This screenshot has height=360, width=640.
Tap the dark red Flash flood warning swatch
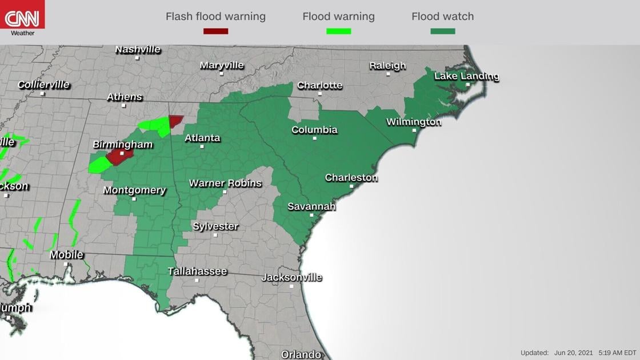pyautogui.click(x=215, y=31)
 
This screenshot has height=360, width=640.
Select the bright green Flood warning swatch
pyautogui.click(x=338, y=31)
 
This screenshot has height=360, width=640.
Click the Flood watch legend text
pyautogui.click(x=442, y=17)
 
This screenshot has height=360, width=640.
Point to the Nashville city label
pyautogui.click(x=138, y=50)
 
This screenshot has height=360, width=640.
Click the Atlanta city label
pyautogui.click(x=202, y=138)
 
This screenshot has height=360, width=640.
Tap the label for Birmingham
pyautogui.click(x=123, y=145)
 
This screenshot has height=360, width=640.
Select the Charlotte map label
pyautogui.click(x=319, y=86)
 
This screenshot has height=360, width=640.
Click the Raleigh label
pyautogui.click(x=387, y=66)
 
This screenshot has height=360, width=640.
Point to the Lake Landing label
pyautogui.click(x=466, y=76)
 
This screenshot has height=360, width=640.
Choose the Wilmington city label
pyautogui.click(x=414, y=122)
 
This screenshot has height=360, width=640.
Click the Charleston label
pyautogui.click(x=351, y=178)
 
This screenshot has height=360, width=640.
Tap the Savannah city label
pyautogui.click(x=311, y=206)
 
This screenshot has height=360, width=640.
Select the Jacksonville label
pyautogui.click(x=291, y=278)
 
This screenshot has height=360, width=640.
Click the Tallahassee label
pyautogui.click(x=197, y=271)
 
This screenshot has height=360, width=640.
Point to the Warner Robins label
pyautogui.click(x=225, y=183)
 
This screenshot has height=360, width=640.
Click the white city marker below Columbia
pyautogui.click(x=315, y=138)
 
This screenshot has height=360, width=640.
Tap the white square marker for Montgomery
pyautogui.click(x=134, y=199)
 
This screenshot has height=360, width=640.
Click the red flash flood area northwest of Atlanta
pyautogui.click(x=175, y=121)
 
